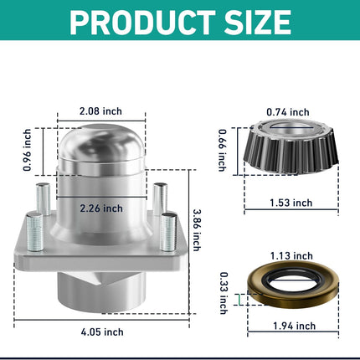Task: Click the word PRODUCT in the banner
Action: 142,23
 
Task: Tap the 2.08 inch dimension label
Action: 100,111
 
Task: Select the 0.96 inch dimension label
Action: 27,150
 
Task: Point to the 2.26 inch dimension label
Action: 101,208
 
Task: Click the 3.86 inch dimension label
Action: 197,230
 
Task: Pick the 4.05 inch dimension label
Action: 102,332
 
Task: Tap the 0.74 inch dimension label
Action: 288,112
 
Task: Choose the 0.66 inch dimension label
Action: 222,150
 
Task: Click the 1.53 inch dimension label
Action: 291,203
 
